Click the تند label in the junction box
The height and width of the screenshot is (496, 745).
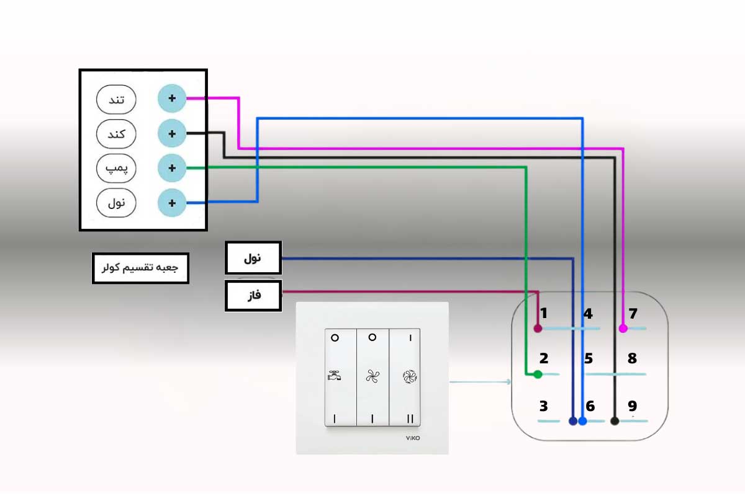(x=116, y=99)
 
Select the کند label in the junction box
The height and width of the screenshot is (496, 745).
(x=116, y=133)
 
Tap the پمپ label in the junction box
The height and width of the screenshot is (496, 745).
(x=116, y=168)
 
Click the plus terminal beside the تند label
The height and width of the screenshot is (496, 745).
(x=172, y=99)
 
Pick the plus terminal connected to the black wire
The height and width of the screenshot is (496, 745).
(x=172, y=133)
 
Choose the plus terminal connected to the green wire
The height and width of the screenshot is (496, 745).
(x=172, y=168)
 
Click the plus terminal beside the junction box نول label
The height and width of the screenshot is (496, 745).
(x=172, y=203)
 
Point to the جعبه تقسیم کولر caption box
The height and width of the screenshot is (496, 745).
(x=140, y=268)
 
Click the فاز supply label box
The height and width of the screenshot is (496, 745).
(x=253, y=296)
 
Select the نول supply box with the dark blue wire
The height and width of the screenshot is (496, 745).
(x=253, y=258)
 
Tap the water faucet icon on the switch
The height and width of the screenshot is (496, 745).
(x=335, y=375)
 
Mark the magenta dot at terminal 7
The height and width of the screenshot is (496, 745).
(x=623, y=329)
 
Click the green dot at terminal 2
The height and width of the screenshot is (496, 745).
(x=538, y=374)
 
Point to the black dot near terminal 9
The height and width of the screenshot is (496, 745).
(x=614, y=422)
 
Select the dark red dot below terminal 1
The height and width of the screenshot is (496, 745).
(x=538, y=327)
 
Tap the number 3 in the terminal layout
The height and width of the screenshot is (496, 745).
(x=543, y=407)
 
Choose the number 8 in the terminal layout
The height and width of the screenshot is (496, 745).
(x=632, y=358)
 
